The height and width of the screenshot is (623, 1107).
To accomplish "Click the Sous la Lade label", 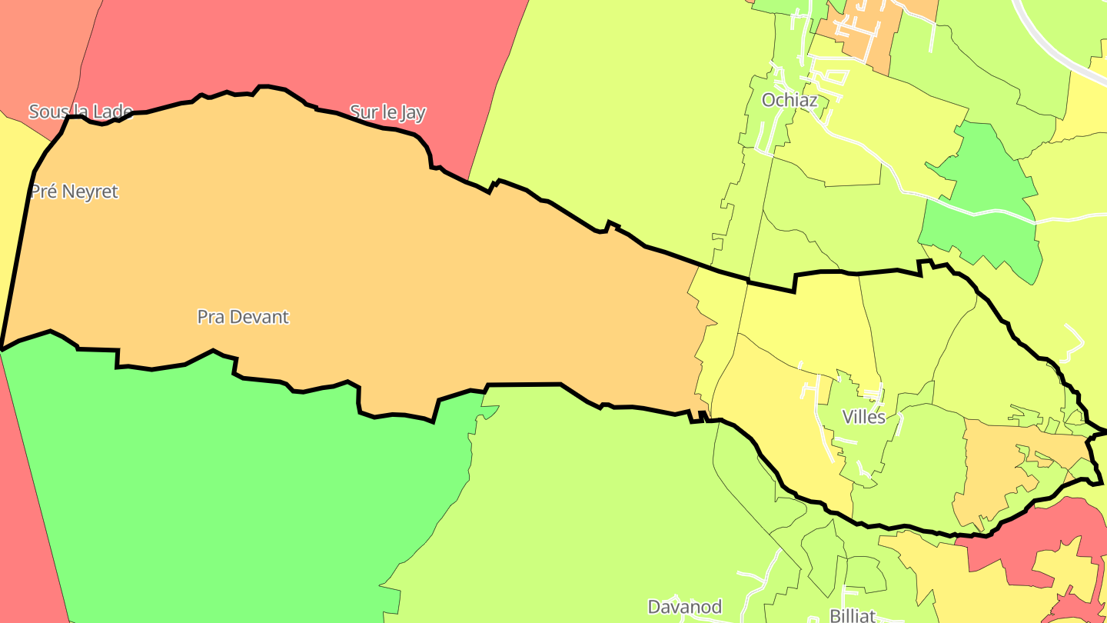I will [x=81, y=112].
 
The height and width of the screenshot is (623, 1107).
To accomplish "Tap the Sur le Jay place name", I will [x=387, y=112].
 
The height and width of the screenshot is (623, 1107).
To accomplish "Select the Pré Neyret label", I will [x=75, y=192].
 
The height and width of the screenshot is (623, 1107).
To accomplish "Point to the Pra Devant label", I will [x=243, y=317].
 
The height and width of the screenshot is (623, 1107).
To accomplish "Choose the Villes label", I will [x=864, y=418].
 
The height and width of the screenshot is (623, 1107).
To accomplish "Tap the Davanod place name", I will [x=685, y=607].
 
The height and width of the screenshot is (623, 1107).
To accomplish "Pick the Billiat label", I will [x=853, y=615].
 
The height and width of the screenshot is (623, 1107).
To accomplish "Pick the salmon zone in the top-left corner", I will [x=38, y=46].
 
